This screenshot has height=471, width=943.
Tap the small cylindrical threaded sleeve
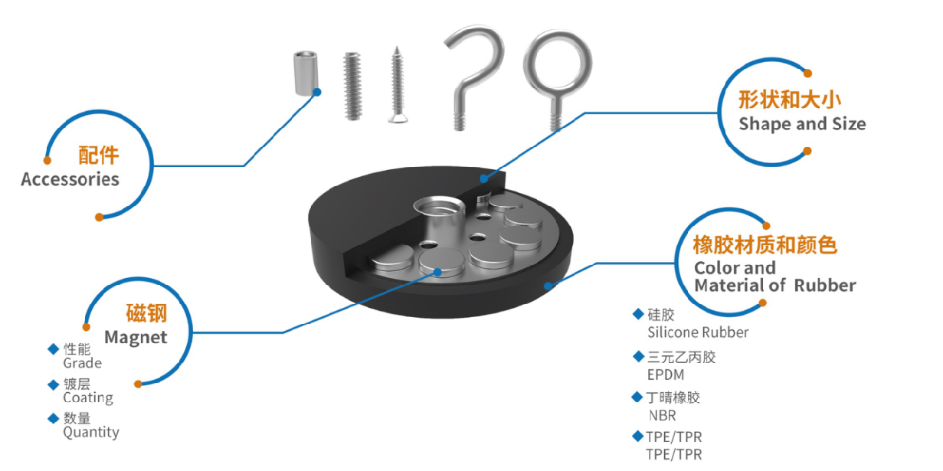(305, 74)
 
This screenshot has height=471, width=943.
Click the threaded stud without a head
(352, 86)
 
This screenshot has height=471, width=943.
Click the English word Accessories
(70, 179)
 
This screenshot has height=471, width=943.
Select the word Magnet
(136, 337)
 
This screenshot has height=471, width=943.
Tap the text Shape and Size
(802, 124)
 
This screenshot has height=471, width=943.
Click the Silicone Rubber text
(698, 332)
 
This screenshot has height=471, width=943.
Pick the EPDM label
(666, 375)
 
